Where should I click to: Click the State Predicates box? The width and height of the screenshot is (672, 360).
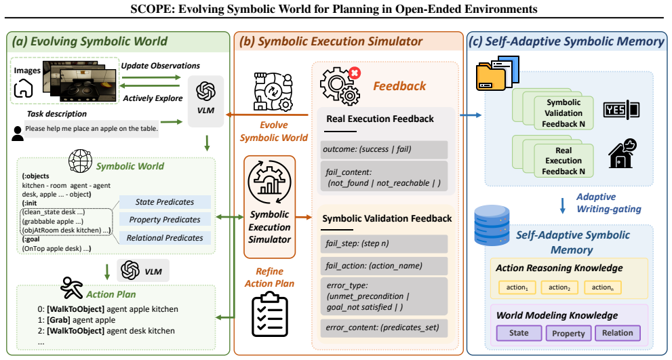click(x=165, y=202)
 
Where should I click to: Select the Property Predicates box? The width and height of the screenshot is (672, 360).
click(x=165, y=220)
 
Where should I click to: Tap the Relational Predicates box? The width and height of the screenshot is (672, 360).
click(x=165, y=238)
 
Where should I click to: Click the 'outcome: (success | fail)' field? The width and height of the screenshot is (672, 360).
click(x=384, y=150)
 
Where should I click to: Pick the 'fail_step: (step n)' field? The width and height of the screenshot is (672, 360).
click(x=384, y=244)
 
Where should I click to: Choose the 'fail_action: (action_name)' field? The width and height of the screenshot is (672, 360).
click(x=384, y=266)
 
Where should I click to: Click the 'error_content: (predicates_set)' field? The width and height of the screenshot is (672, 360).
click(x=384, y=328)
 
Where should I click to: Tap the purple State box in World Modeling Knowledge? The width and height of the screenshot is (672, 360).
click(x=519, y=333)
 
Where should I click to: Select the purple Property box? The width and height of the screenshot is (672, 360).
click(x=568, y=333)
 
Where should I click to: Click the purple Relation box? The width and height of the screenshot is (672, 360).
click(x=618, y=333)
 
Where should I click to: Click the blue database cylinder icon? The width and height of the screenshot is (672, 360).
click(x=492, y=226)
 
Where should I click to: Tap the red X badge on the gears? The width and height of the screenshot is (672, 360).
click(x=355, y=73)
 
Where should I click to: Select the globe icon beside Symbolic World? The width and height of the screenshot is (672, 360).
click(x=81, y=161)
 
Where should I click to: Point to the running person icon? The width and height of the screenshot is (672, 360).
click(x=72, y=287)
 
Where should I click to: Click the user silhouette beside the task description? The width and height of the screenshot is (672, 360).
click(x=18, y=134)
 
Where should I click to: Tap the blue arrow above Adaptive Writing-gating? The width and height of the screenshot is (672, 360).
click(x=563, y=205)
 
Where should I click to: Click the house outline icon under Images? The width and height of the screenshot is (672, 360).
click(x=23, y=89)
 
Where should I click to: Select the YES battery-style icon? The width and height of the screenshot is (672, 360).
click(x=621, y=110)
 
